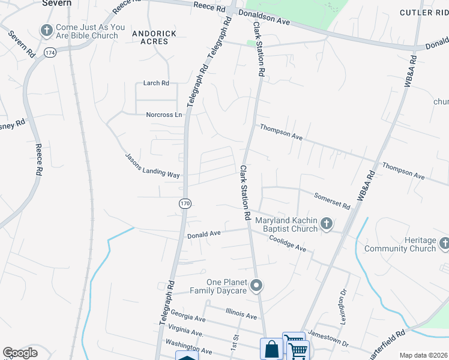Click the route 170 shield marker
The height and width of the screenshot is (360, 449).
185,204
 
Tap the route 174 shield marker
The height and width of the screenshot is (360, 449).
49,53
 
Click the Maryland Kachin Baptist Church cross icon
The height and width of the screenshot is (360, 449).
327,224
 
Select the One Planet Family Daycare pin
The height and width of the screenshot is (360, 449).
256,286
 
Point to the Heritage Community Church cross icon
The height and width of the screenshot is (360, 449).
444,244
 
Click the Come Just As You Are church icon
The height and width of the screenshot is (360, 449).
46,31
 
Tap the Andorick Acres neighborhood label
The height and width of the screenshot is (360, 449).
154,38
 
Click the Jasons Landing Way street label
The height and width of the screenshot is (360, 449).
152,166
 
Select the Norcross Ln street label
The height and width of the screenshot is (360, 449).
164,115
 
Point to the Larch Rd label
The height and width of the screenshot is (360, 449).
156,83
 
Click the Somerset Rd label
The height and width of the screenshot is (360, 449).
332,201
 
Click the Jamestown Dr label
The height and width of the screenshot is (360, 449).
328,340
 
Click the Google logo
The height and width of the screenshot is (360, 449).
20,352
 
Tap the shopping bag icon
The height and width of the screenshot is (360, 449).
271,349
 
